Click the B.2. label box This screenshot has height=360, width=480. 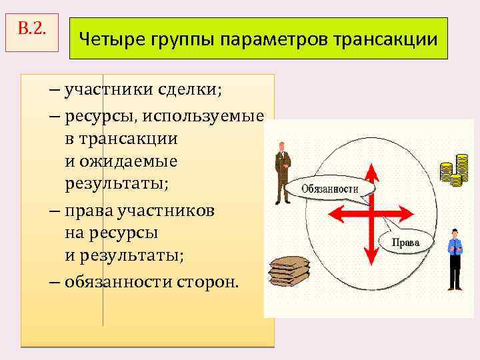pyautogui.click(x=33, y=31)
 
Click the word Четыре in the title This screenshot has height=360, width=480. pyautogui.click(x=107, y=39)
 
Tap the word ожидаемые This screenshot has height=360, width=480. pyautogui.click(x=129, y=162)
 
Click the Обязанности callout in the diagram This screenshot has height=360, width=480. pyautogui.click(x=329, y=189)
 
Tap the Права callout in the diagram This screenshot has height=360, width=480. pyautogui.click(x=406, y=243)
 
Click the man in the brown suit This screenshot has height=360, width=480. pyautogui.click(x=283, y=172)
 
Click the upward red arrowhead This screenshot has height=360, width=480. pyautogui.click(x=372, y=173)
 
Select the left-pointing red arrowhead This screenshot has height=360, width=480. pyautogui.click(x=333, y=215)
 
